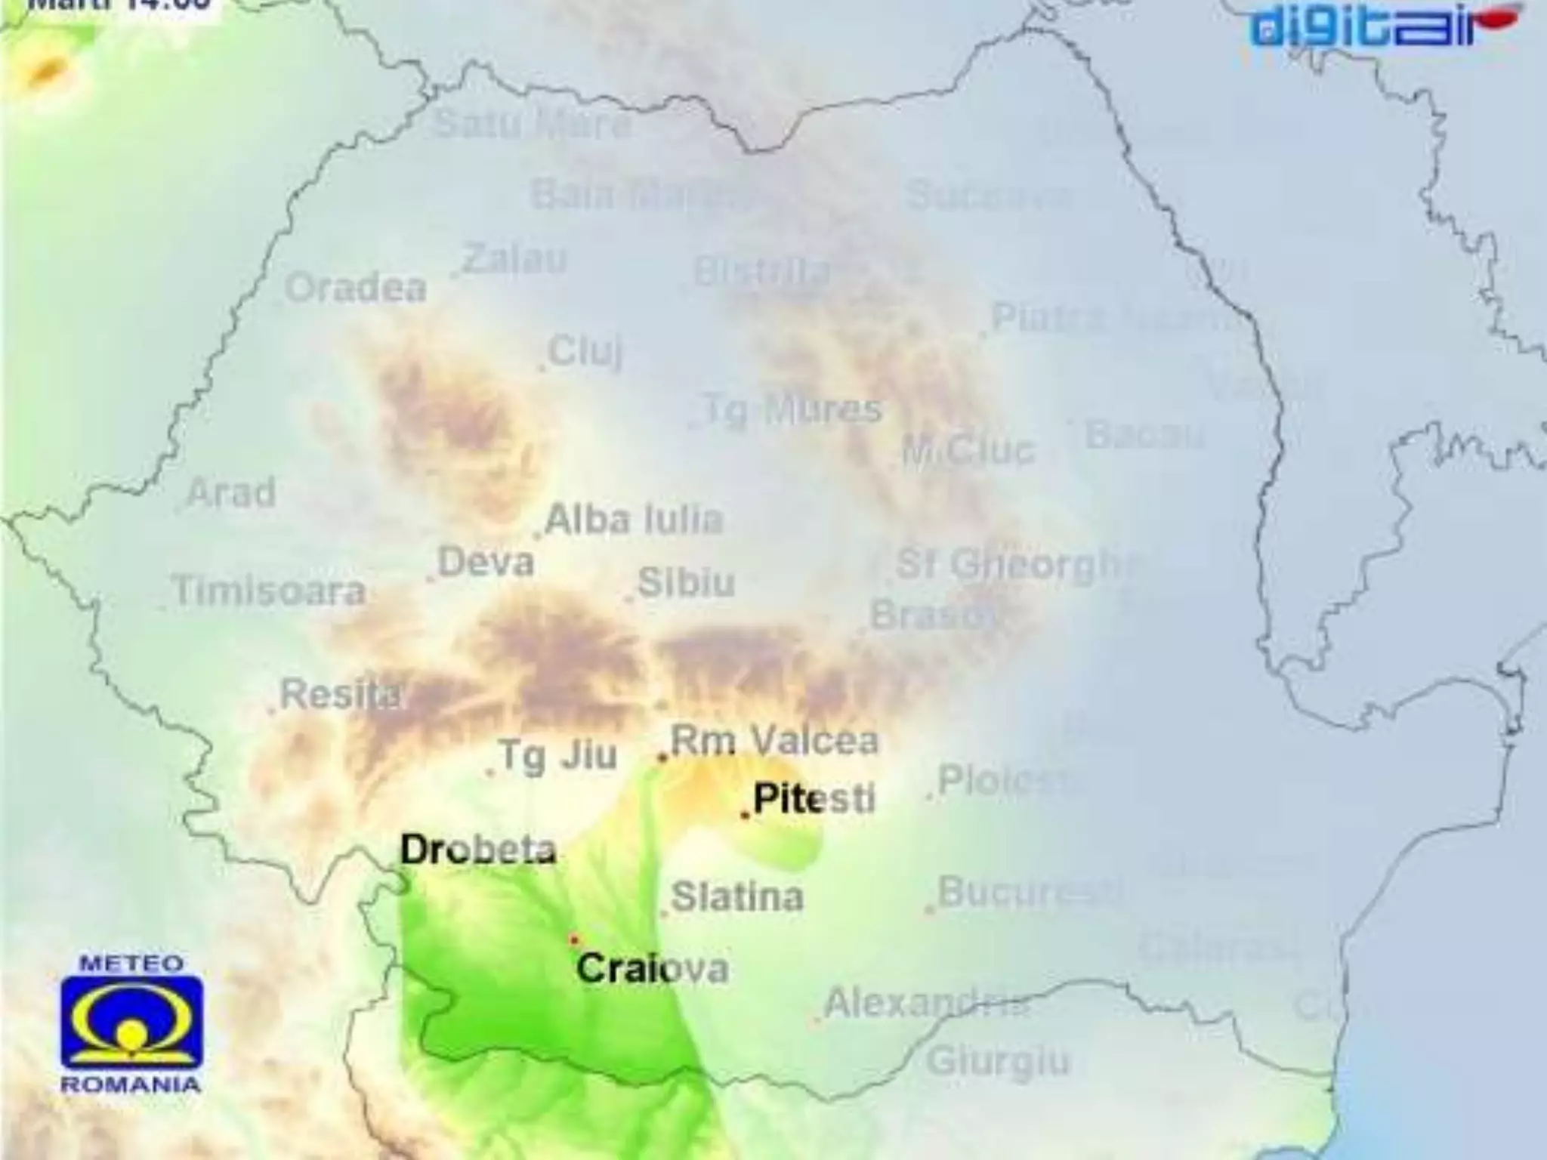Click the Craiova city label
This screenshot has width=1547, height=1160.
pos(653,968)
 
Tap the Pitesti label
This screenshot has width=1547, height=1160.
pos(814,799)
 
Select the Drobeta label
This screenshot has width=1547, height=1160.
pos(478,850)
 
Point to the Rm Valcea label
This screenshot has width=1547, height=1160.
pos(774,741)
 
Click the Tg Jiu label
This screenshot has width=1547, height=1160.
pos(558,756)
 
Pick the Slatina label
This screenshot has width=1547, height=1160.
pos(737,897)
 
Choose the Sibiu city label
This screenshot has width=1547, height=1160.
pos(686,582)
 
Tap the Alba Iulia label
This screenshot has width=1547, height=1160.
pos(634,520)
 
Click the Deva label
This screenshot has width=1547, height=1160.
pos(486,563)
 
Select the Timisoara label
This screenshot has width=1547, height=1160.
pos(269,591)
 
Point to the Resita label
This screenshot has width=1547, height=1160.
pos(340,694)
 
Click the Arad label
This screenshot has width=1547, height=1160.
pos(231,493)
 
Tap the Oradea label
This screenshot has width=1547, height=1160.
pos(356,288)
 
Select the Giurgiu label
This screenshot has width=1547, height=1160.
pos(999,1061)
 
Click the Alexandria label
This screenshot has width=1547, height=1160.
pos(925,1003)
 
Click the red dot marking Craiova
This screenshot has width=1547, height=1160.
pos(574,939)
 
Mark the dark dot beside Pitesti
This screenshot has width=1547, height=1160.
pos(745,815)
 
